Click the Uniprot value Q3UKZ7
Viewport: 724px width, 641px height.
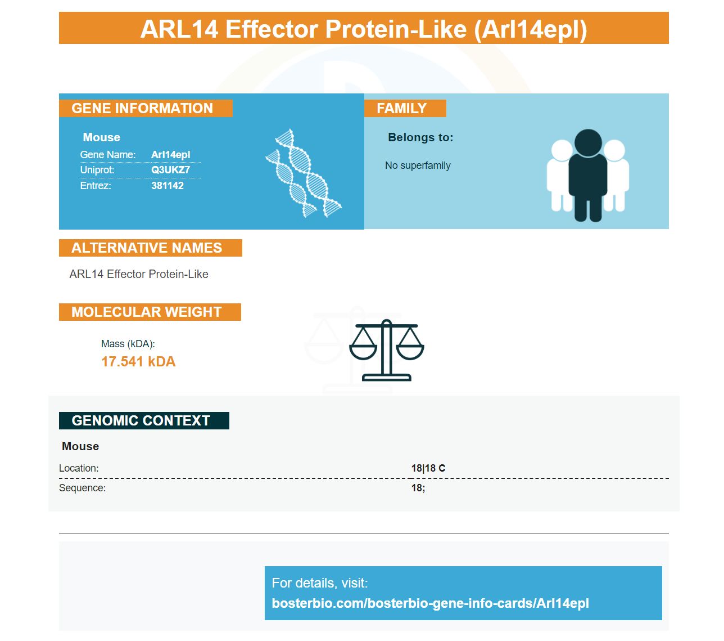170,169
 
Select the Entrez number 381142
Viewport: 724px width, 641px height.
168,185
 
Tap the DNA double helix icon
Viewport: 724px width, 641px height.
303,173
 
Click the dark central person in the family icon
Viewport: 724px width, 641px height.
587,175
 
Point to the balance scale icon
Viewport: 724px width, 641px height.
386,350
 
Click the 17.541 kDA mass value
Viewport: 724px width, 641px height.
138,361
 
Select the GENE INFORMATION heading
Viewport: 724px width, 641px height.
142,108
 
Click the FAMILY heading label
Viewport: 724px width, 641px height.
401,108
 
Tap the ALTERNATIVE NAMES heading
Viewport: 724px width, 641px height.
147,248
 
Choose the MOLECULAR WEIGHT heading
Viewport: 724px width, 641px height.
147,312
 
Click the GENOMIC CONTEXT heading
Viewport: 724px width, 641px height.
141,420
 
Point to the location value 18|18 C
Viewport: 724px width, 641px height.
428,468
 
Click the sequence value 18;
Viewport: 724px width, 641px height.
418,488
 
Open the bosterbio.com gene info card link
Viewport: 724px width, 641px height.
430,603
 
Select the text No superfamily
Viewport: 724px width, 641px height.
418,165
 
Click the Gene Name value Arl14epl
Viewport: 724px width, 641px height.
170,155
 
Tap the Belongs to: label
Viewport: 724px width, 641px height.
420,137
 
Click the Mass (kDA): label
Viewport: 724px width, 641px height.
128,344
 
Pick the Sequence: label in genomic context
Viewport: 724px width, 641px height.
82,488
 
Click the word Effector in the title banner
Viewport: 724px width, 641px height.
271,29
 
